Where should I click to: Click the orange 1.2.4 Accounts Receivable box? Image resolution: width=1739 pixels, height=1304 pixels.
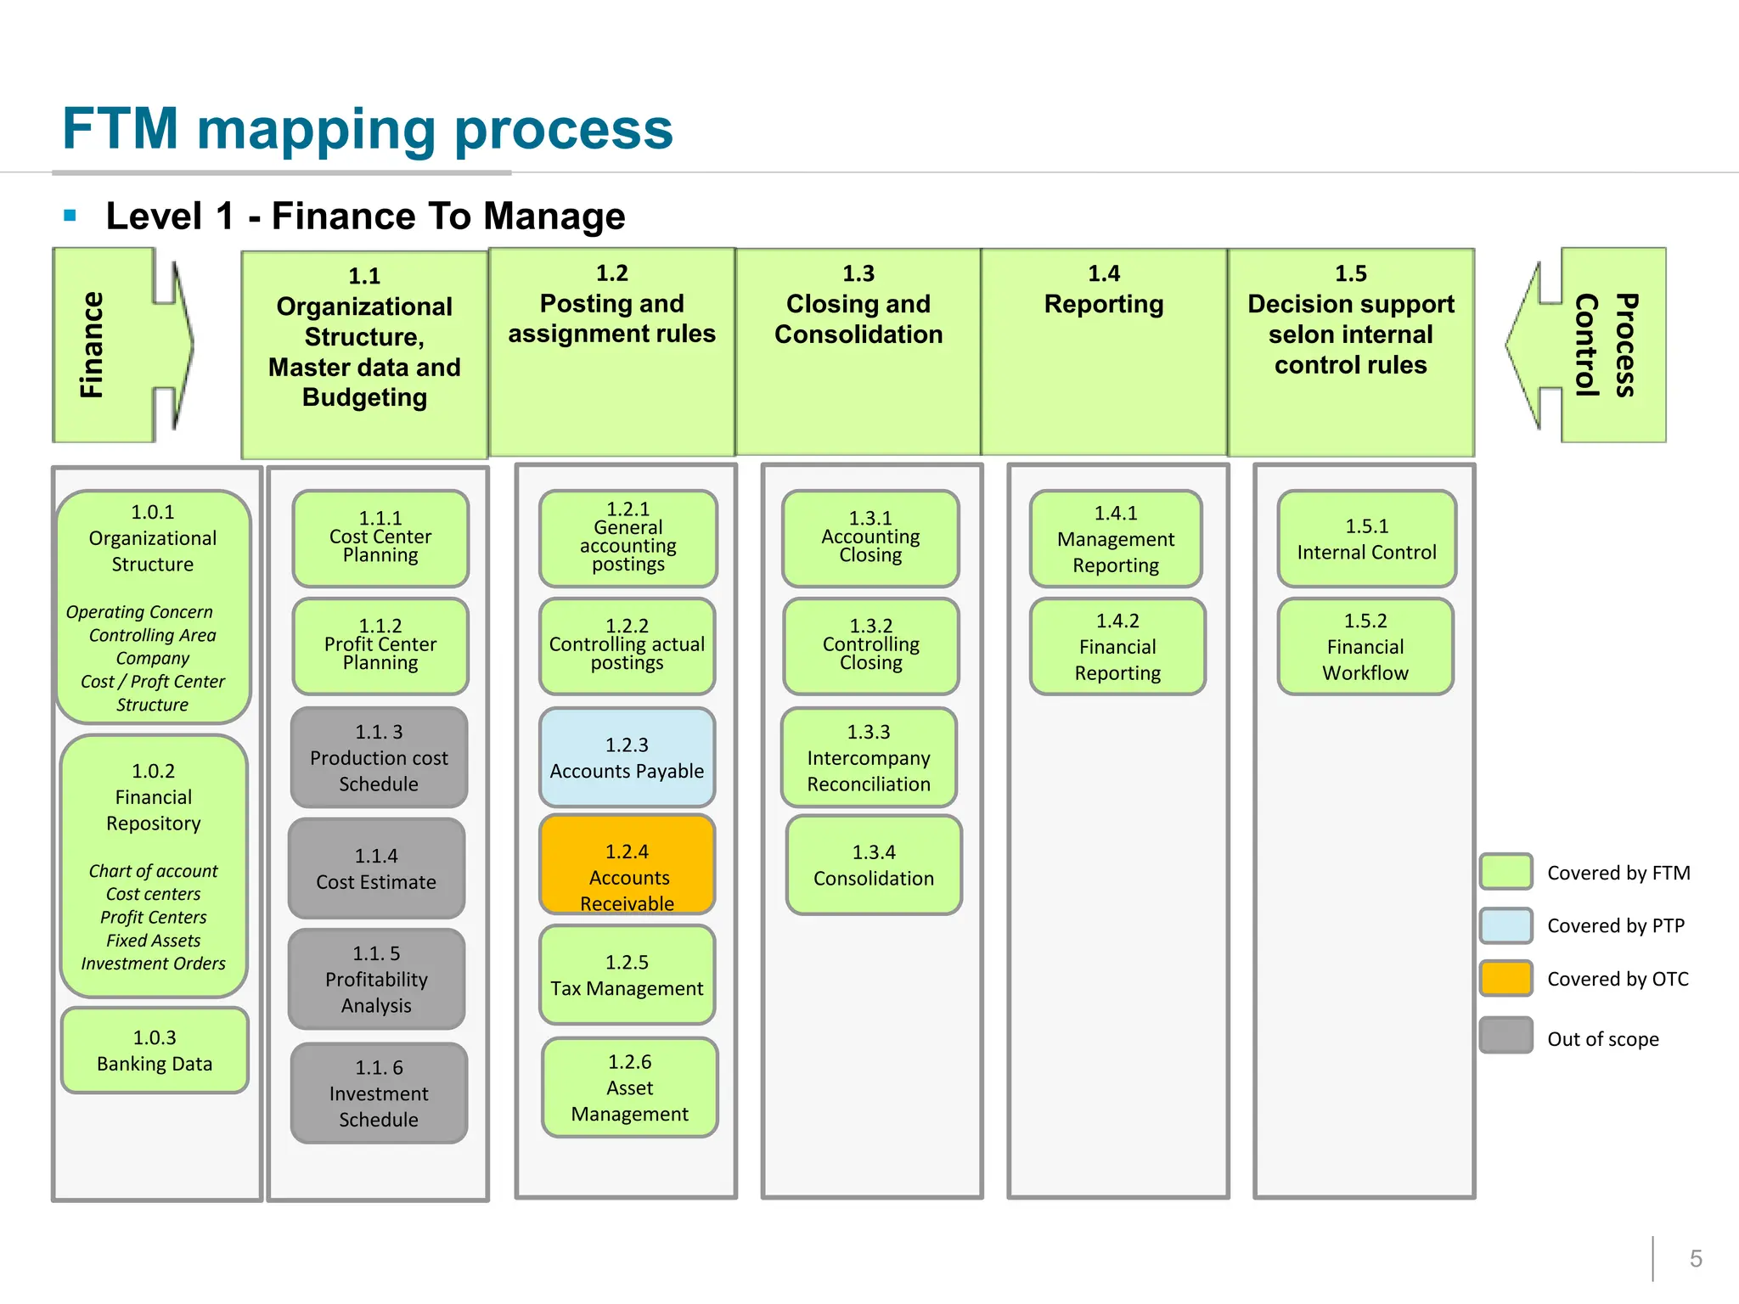[x=627, y=864]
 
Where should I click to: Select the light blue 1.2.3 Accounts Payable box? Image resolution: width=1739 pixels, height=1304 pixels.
[x=627, y=757]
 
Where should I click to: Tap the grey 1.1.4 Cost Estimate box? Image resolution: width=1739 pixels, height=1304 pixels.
[x=376, y=868]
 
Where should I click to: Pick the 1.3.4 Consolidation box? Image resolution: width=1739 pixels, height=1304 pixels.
[x=874, y=865]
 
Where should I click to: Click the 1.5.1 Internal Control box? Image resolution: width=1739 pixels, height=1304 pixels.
[x=1366, y=539]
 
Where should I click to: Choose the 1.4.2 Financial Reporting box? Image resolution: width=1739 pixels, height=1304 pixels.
[x=1117, y=647]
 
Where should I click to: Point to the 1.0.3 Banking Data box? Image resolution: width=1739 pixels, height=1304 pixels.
[x=155, y=1050]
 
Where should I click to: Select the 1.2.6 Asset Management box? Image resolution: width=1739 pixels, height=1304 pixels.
[x=629, y=1088]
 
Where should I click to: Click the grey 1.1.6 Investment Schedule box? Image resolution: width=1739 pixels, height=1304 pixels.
[x=379, y=1093]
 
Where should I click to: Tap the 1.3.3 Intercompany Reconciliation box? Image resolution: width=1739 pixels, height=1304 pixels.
[x=869, y=757]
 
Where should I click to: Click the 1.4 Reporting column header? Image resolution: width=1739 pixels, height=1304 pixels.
[x=1104, y=351]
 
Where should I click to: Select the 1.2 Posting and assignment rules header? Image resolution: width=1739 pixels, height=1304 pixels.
[x=611, y=351]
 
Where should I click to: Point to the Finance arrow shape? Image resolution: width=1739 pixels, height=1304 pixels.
[x=119, y=345]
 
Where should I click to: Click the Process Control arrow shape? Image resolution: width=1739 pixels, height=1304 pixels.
[x=1596, y=345]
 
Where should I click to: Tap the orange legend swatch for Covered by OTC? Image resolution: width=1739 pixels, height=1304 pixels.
[x=1505, y=978]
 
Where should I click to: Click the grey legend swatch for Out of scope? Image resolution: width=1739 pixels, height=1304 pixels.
[x=1505, y=1035]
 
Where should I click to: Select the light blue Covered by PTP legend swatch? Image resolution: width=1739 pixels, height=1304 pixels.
[x=1505, y=925]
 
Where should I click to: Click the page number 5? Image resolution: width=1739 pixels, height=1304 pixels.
[x=1696, y=1258]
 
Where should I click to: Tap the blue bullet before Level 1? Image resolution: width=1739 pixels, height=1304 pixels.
[x=70, y=216]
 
